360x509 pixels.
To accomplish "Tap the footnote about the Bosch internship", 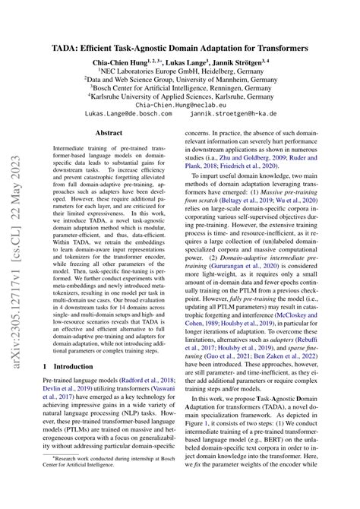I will click(x=103, y=483).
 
